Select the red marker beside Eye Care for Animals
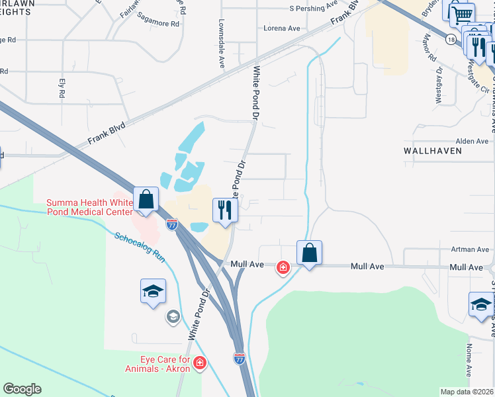click(x=200, y=363)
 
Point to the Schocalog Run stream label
click(x=140, y=246)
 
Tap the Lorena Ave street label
click(x=282, y=28)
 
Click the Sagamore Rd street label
click(x=158, y=23)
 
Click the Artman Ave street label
click(x=471, y=249)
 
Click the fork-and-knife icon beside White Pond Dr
click(x=224, y=210)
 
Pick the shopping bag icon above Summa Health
click(x=146, y=198)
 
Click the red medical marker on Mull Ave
click(x=283, y=267)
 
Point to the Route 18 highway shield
click(x=451, y=40)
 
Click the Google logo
click(x=22, y=389)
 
